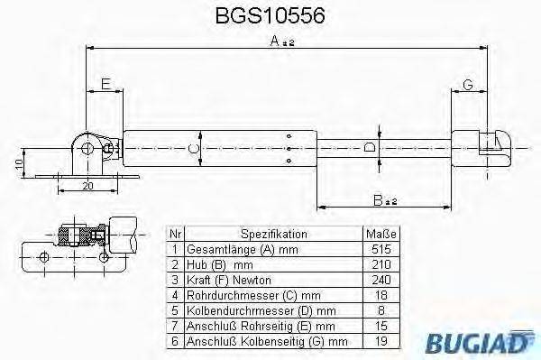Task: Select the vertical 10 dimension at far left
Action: point(18,163)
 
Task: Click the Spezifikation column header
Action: point(274,232)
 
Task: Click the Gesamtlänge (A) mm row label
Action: point(241,248)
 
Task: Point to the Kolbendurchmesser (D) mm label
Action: point(253,310)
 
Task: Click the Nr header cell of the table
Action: point(176,232)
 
